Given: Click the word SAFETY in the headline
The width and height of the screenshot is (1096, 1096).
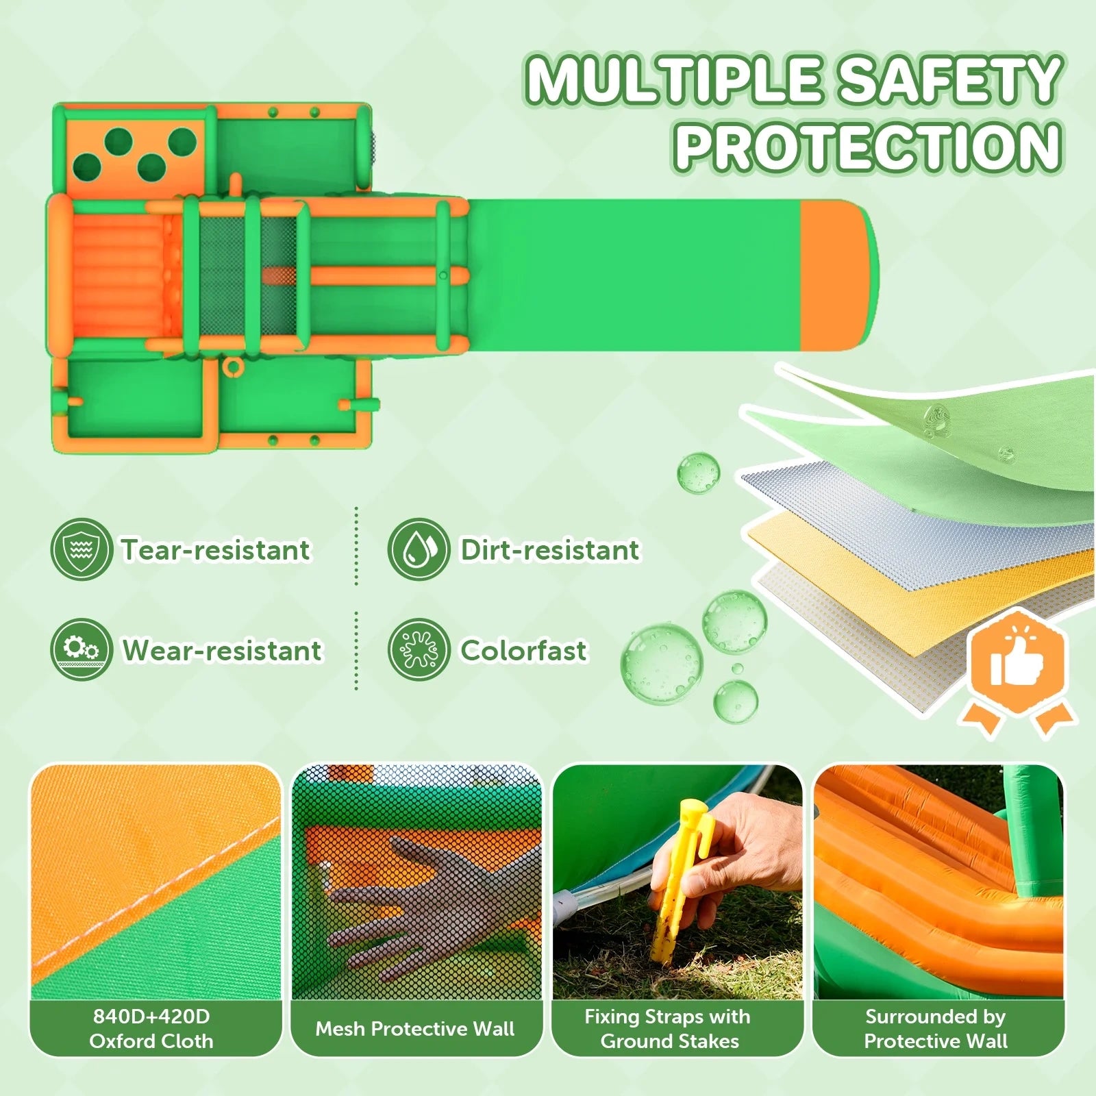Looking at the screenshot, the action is pyautogui.click(x=951, y=80).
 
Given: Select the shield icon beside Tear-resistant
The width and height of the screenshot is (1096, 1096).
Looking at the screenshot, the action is pyautogui.click(x=81, y=549).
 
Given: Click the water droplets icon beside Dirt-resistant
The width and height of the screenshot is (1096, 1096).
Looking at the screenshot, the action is pyautogui.click(x=419, y=549).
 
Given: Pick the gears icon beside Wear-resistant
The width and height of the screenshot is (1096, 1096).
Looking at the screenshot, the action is pyautogui.click(x=81, y=649).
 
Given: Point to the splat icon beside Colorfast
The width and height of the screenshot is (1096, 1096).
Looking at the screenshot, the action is pyautogui.click(x=419, y=649).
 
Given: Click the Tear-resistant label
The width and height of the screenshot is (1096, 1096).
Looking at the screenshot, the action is pyautogui.click(x=216, y=549).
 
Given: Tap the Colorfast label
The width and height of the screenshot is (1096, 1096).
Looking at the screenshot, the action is pyautogui.click(x=523, y=650).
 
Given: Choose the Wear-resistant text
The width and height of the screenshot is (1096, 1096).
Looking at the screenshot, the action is pyautogui.click(x=222, y=650).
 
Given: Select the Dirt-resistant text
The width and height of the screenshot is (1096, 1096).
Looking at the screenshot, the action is pyautogui.click(x=550, y=549).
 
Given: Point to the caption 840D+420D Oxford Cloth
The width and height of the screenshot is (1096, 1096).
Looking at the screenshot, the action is pyautogui.click(x=151, y=1029).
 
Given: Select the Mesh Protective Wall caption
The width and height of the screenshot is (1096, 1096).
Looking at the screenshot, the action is pyautogui.click(x=415, y=1029).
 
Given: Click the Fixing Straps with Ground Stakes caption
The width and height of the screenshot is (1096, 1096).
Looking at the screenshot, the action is pyautogui.click(x=668, y=1029).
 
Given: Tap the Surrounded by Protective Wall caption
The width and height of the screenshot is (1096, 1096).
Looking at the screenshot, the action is pyautogui.click(x=936, y=1029).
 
